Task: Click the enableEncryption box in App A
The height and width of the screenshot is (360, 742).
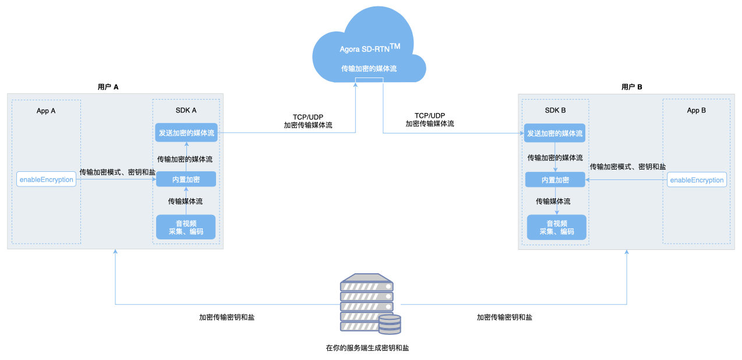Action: point(47,179)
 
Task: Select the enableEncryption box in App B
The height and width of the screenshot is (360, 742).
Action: point(697,180)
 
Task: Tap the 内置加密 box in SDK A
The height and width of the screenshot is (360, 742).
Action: point(186,179)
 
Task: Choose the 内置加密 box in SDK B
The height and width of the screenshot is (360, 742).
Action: point(555,180)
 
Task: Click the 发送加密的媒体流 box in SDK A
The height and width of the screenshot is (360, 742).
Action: point(186,132)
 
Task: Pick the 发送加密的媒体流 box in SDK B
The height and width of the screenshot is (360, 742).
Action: point(555,133)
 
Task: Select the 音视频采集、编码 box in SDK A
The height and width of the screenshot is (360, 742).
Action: point(186,227)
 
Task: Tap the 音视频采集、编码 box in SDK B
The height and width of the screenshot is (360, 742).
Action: point(557,228)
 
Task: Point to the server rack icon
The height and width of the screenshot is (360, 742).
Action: point(370,303)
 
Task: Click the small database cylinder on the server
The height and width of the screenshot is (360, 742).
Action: point(390,324)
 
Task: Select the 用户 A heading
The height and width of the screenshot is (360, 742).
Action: point(108,87)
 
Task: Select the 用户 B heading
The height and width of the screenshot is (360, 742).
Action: point(632,87)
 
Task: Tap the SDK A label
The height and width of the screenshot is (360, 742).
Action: point(186,110)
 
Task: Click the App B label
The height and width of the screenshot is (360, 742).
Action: point(697,110)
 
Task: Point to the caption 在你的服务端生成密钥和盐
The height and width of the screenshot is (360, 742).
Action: point(368,348)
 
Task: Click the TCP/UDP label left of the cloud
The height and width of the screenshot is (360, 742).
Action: point(308,117)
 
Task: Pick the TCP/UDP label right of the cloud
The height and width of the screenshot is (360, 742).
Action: point(430,115)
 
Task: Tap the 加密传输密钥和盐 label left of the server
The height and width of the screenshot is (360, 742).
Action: point(227,317)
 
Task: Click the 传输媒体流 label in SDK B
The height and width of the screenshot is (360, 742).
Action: point(553,202)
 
